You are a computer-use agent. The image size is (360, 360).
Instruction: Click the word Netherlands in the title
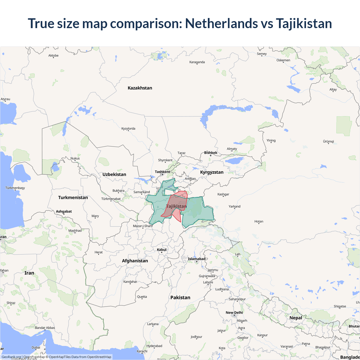pos(221,23)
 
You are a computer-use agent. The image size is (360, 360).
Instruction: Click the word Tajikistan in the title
pos(304,23)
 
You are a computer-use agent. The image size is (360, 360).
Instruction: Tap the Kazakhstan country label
pos(140,88)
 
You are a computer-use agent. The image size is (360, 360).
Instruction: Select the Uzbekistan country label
pos(114,174)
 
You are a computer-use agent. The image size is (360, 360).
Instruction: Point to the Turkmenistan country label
pos(73,197)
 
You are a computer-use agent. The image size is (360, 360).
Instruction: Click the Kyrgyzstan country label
pos(212,172)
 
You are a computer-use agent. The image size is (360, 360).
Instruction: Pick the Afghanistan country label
pos(135,261)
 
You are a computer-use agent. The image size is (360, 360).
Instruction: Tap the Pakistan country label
pos(180,298)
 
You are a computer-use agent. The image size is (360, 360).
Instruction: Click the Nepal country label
pos(296,318)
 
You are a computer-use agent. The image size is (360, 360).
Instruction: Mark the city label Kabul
pos(162,250)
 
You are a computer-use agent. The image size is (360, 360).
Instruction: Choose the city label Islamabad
pos(197,259)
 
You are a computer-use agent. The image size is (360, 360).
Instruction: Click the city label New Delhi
pos(234,312)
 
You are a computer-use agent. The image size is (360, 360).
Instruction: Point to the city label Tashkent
pos(162,172)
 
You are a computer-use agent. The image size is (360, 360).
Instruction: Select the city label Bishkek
pos(211,153)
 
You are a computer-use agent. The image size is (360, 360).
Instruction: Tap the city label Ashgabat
pos(64,211)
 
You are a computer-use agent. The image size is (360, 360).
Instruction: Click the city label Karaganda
pos(197,62)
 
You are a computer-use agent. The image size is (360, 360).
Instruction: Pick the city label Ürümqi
pos(328,141)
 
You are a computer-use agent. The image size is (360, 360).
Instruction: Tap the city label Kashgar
pos(223,194)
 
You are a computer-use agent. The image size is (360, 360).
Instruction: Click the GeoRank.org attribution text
pos(11,357)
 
